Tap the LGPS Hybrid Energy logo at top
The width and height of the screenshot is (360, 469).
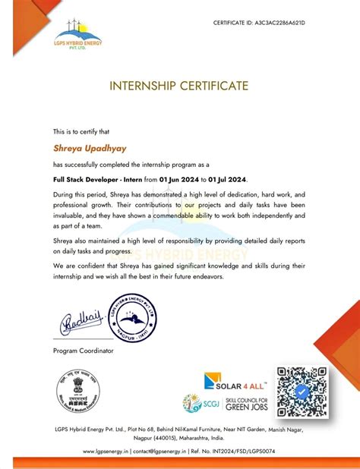[x=77, y=36]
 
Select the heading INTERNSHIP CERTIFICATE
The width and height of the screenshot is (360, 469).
[x=179, y=87]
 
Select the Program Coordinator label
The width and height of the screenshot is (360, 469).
[x=83, y=350]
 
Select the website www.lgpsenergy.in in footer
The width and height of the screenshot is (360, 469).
[x=109, y=452]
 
